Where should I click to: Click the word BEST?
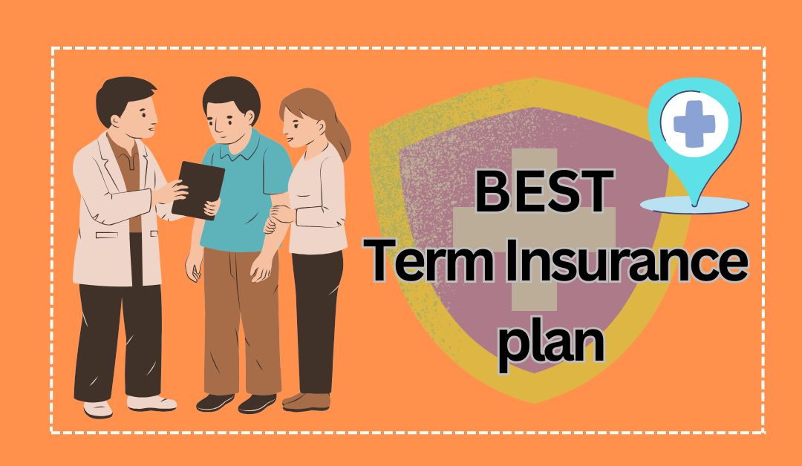click(545, 191)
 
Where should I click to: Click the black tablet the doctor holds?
click(198, 190)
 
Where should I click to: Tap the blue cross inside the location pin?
click(694, 124)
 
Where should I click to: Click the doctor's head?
click(128, 108)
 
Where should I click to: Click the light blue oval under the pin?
click(694, 205)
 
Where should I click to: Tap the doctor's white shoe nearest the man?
click(151, 403)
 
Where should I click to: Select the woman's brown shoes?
click(306, 401)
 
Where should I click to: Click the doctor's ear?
click(116, 121)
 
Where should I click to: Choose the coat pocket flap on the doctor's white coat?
click(106, 235)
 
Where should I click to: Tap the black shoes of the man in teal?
click(236, 403)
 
